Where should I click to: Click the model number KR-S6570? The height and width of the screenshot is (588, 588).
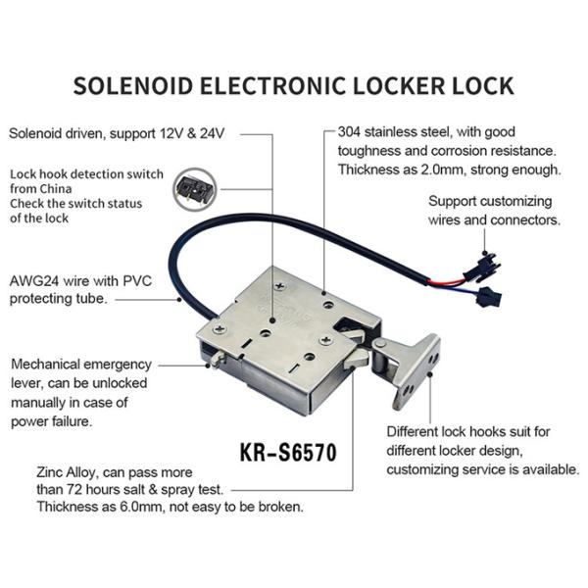(288, 454)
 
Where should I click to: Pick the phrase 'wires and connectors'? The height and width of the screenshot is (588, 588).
(494, 220)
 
